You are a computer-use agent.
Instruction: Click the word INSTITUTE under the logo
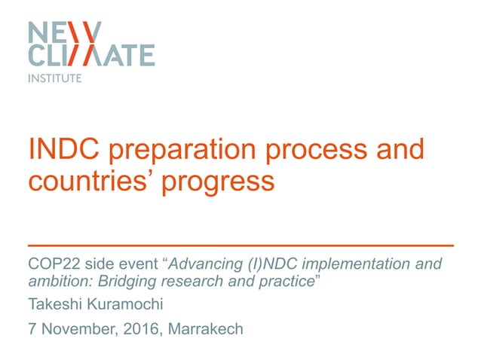click(x=55, y=77)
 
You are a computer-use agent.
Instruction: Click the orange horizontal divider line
click(x=240, y=246)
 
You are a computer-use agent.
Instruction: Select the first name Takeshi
click(x=55, y=305)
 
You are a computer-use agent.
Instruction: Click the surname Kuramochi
click(x=131, y=305)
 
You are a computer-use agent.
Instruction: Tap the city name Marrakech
click(x=206, y=329)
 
